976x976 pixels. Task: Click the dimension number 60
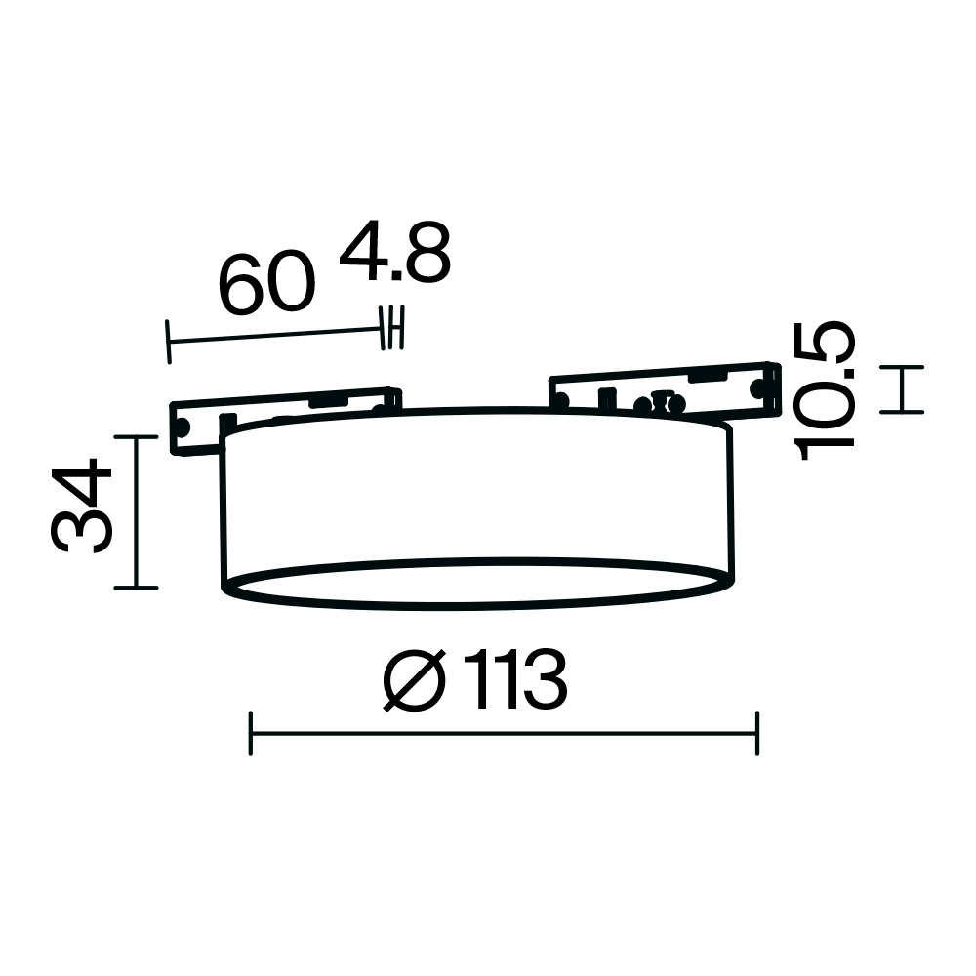(x=267, y=283)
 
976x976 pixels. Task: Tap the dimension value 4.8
(x=394, y=252)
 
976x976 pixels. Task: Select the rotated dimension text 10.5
(x=825, y=391)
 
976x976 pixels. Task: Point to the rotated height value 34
(x=81, y=506)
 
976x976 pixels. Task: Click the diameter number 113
(x=514, y=679)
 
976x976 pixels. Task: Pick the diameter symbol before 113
(x=415, y=680)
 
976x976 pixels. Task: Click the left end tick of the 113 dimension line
(x=250, y=733)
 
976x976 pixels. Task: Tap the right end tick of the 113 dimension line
(x=757, y=733)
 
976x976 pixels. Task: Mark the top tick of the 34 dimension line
(x=137, y=437)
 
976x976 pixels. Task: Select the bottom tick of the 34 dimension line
(x=137, y=587)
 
